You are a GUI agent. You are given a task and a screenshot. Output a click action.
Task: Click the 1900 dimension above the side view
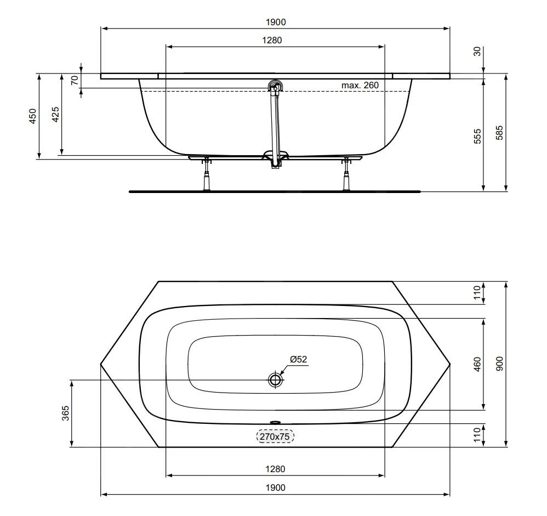click(276, 22)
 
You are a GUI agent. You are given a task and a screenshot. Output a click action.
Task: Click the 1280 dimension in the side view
click(272, 40)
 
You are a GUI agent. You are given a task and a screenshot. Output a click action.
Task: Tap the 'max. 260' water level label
click(360, 85)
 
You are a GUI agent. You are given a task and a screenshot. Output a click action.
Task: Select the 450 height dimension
click(32, 116)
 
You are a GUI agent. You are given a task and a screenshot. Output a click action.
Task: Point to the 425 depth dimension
click(55, 115)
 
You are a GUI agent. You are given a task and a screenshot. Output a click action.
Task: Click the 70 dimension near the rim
click(75, 81)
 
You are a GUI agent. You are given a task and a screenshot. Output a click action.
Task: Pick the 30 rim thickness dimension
click(477, 52)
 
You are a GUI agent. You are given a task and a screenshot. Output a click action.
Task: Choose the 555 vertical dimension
click(477, 136)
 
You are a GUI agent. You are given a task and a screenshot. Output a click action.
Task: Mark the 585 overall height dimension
click(499, 133)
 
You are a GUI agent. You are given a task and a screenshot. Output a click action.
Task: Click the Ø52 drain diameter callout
click(299, 359)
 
